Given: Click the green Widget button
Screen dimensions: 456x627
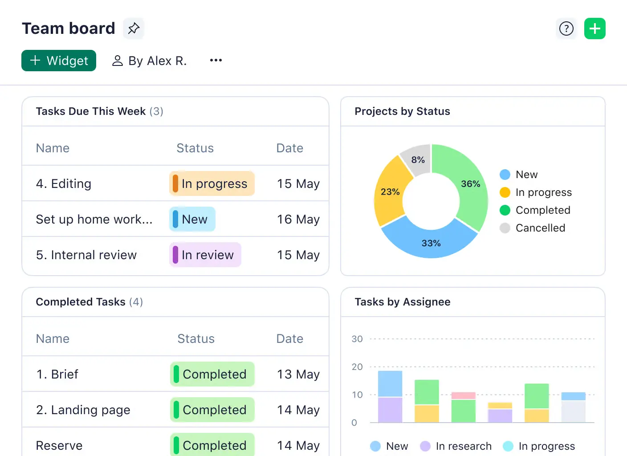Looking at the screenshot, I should (x=59, y=61).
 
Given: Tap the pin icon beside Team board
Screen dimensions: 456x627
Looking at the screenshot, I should (x=134, y=28).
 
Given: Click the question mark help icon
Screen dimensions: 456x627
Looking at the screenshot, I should (x=566, y=28).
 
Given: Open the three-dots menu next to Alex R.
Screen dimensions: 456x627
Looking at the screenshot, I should (x=216, y=60).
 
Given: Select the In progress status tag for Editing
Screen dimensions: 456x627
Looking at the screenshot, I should (x=212, y=183).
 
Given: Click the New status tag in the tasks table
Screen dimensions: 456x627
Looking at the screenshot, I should (x=192, y=219).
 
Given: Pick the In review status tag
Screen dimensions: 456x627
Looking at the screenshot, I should (x=205, y=255).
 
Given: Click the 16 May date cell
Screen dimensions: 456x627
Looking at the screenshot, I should (x=298, y=219).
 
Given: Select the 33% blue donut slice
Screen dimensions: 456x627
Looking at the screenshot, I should (x=431, y=243).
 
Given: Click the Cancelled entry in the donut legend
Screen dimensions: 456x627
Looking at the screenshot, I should (x=540, y=228).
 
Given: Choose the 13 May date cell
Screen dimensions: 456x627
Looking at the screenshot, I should (x=298, y=374).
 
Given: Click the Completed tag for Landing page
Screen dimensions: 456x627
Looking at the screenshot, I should (x=212, y=410).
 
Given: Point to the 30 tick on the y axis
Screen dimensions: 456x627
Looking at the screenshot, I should (x=357, y=339).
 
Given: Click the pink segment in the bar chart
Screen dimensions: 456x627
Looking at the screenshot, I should (x=463, y=395).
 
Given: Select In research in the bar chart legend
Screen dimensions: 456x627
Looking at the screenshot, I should (x=463, y=446).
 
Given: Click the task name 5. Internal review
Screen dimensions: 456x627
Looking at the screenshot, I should (x=86, y=255).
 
